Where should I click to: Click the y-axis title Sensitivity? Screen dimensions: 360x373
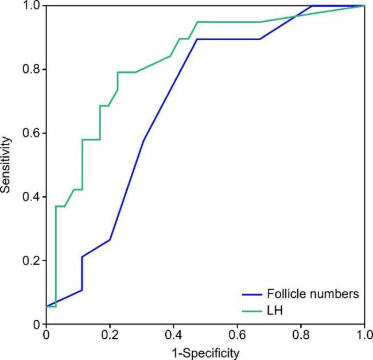click(x=6, y=165)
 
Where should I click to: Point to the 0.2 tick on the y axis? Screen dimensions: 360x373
click(x=31, y=261)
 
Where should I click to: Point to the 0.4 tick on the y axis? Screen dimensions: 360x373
click(x=31, y=197)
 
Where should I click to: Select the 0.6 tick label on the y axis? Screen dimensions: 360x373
click(x=31, y=133)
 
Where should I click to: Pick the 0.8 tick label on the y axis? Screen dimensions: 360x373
click(x=31, y=69)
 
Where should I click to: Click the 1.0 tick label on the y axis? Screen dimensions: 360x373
click(x=31, y=6)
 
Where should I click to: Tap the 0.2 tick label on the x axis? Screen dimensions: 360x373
click(x=109, y=334)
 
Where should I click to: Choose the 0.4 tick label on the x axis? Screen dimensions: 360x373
click(x=173, y=334)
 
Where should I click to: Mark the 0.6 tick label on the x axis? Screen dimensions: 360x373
click(x=237, y=334)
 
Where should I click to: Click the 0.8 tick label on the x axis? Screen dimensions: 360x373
click(x=301, y=334)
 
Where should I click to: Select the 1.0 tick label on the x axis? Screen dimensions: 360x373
click(x=363, y=334)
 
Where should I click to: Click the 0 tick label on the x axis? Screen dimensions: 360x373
click(x=45, y=334)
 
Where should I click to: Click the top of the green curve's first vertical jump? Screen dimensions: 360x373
click(x=56, y=206)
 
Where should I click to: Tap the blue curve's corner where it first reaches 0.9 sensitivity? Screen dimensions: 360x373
click(x=197, y=39)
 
